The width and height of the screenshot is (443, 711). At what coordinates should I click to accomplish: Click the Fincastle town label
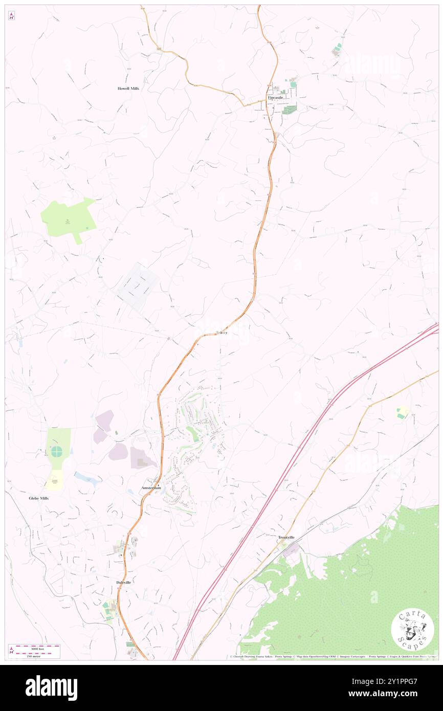pos(274,97)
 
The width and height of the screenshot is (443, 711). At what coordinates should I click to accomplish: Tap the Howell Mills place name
pos(128,88)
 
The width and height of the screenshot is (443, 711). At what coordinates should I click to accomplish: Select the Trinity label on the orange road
pos(220,333)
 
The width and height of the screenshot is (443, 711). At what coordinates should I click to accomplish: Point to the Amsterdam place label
pos(151,488)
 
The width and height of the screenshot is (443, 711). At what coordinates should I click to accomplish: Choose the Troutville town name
pos(286,538)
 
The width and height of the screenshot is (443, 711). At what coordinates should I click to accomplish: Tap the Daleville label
pos(124,583)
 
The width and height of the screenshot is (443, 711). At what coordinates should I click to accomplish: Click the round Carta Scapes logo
pos(412,630)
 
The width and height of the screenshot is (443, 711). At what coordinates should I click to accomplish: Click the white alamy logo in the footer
pos(51,688)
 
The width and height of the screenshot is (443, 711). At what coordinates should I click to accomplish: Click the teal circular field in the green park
pos(56,452)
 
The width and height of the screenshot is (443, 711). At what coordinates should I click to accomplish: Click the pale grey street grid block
pos(137,288)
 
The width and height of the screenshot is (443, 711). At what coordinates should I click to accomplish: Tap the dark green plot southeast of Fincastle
pos(290,109)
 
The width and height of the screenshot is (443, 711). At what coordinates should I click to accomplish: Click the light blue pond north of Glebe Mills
pos(87,479)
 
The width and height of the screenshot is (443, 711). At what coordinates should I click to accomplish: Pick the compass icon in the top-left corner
pos(11,16)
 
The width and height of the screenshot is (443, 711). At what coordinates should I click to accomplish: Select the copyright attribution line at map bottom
pos(333,657)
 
